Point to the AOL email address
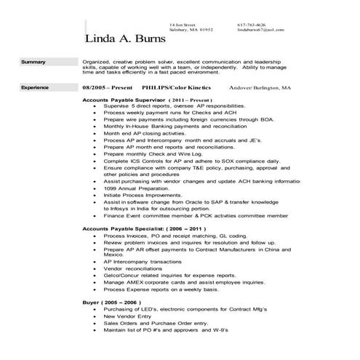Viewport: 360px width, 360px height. coord(260,30)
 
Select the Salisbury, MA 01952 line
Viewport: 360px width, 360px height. coord(191,30)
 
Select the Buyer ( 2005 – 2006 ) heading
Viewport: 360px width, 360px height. coord(113,300)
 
